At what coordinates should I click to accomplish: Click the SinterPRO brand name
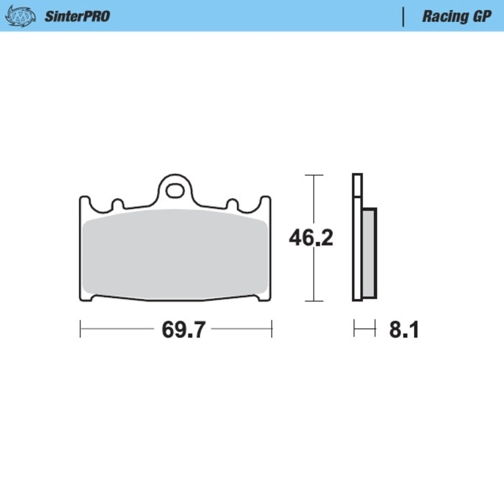click(x=77, y=16)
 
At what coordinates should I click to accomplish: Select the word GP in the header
click(x=481, y=16)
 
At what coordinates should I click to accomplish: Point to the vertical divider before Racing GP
click(x=403, y=16)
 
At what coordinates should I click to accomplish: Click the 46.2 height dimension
click(x=311, y=238)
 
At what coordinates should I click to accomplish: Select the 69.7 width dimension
click(x=183, y=330)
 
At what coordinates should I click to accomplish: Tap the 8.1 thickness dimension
click(x=404, y=330)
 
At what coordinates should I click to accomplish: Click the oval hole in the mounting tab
click(x=175, y=191)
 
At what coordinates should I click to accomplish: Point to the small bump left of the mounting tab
click(x=117, y=204)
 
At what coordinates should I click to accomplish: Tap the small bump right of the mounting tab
click(x=232, y=204)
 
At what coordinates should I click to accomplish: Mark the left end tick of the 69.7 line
click(x=81, y=329)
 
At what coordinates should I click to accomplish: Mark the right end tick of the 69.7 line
click(x=272, y=329)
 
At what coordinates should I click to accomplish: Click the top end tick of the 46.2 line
click(x=314, y=175)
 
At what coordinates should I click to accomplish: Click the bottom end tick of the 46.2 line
click(x=314, y=301)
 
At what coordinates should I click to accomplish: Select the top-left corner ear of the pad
click(x=84, y=201)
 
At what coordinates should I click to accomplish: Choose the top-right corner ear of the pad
click(x=266, y=201)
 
